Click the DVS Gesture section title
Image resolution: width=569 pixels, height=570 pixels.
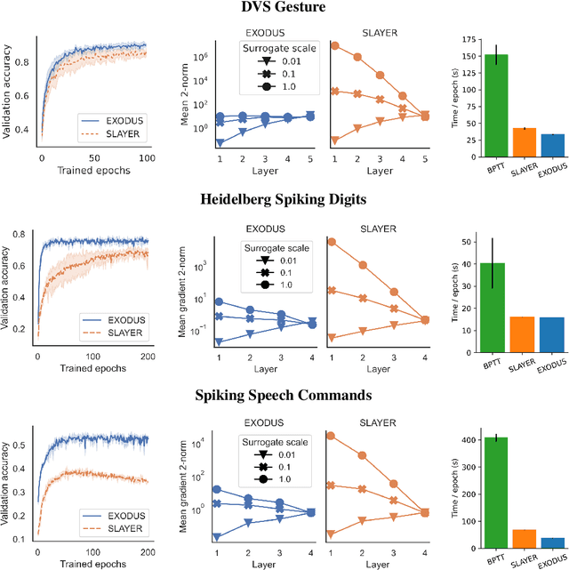click(x=284, y=8)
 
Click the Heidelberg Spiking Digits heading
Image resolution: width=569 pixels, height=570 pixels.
click(x=284, y=198)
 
